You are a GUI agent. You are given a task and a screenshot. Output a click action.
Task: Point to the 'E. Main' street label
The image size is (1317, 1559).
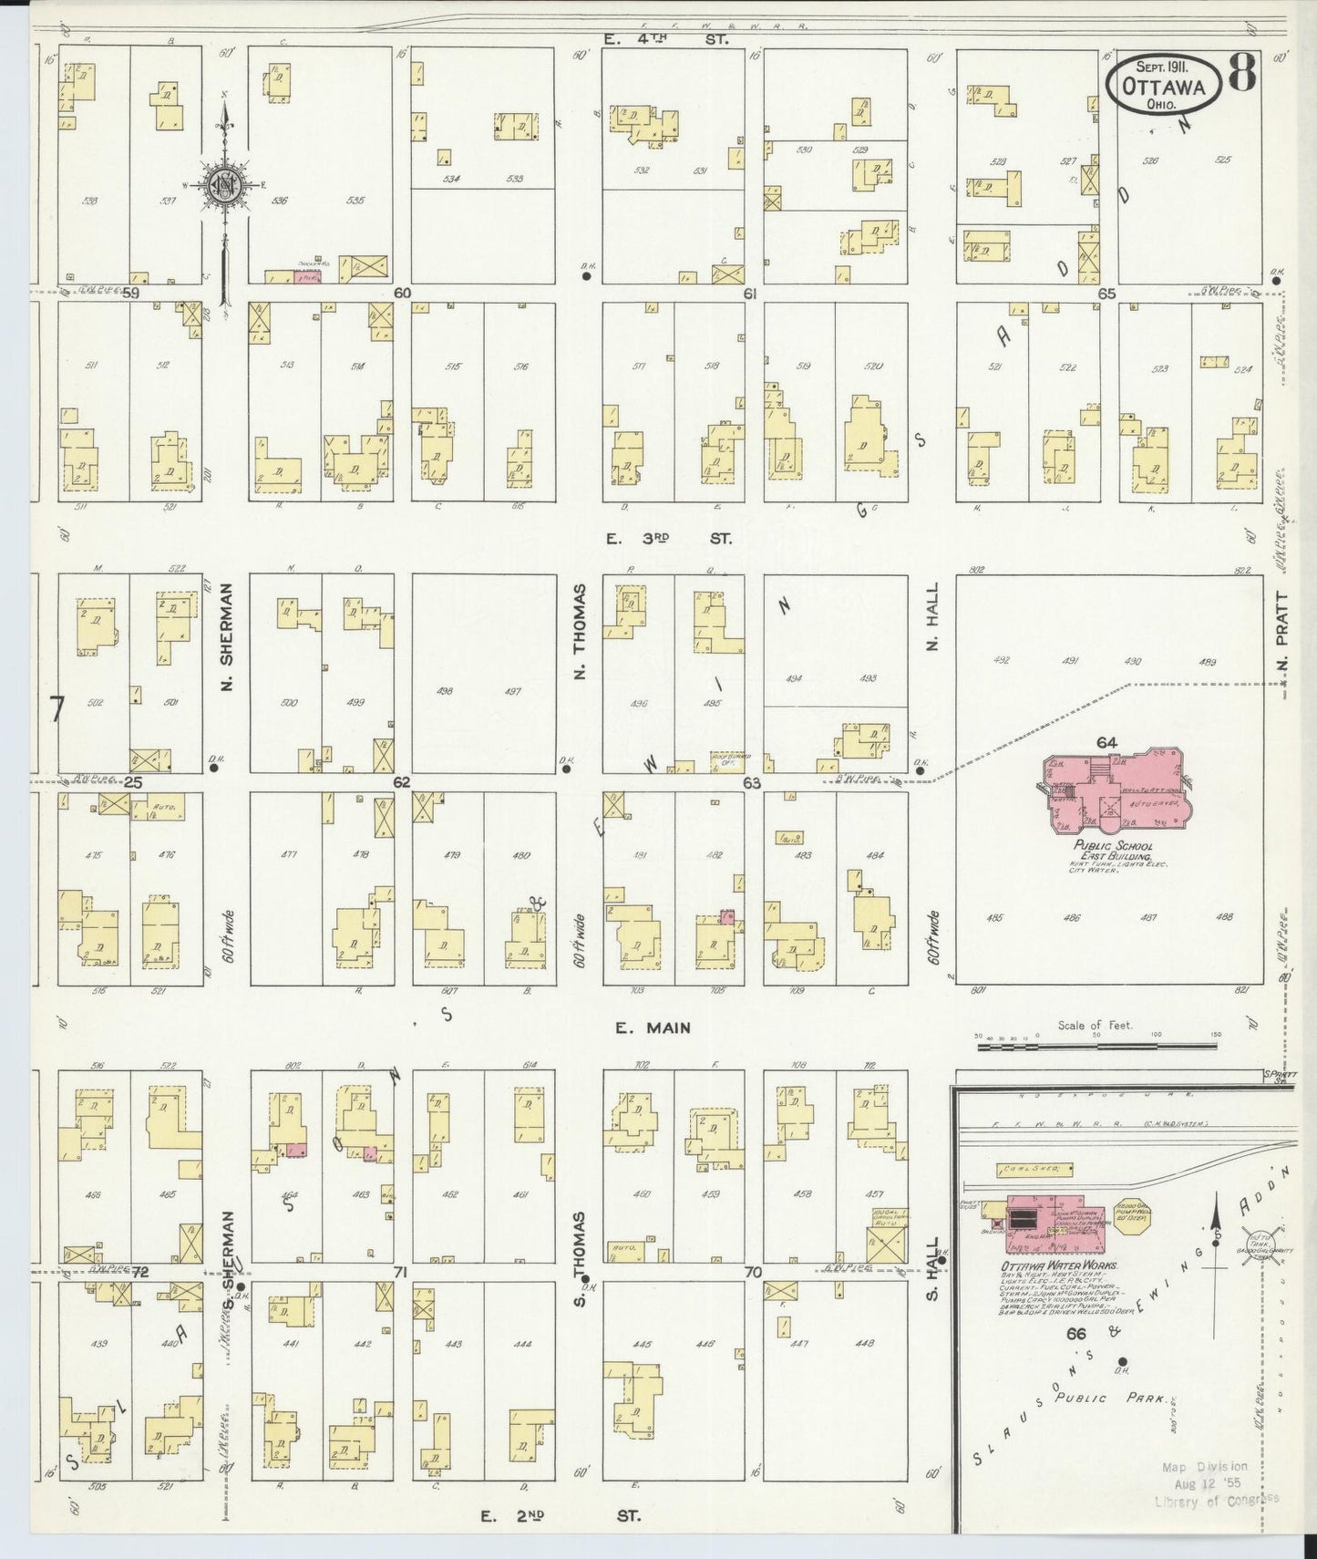[653, 1027]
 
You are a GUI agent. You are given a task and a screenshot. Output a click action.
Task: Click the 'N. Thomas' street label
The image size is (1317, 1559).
[580, 631]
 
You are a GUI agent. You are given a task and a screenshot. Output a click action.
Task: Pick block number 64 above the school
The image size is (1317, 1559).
[1106, 742]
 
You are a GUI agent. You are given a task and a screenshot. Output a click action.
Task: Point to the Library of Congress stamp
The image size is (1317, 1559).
[1217, 1482]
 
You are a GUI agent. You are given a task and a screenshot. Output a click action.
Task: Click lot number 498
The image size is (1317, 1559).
[446, 691]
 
